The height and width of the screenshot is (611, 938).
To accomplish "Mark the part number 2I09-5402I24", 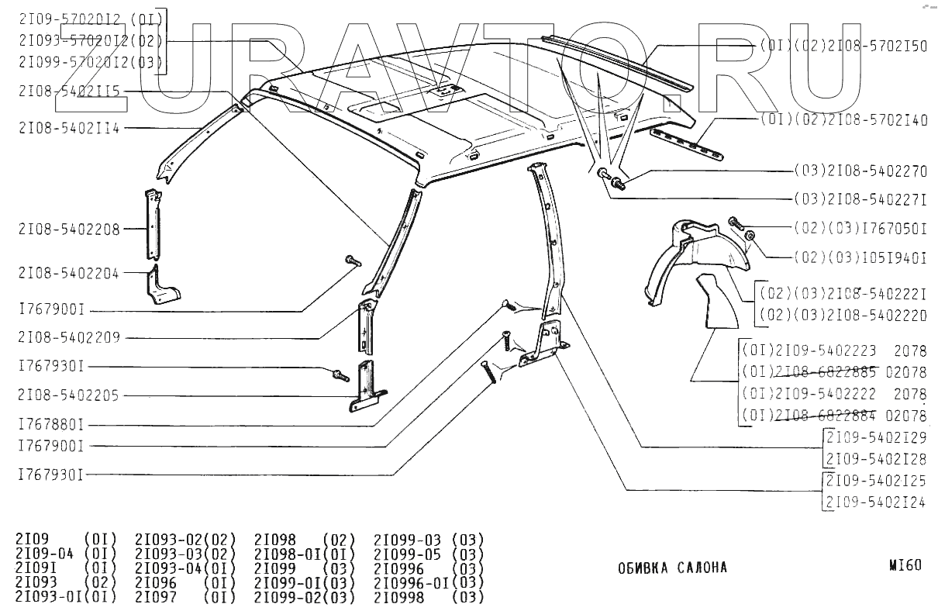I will tap(875, 502).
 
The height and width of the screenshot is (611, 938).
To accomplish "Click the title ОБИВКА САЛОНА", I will tap(672, 568).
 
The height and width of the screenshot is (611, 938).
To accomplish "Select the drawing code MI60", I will tap(905, 565).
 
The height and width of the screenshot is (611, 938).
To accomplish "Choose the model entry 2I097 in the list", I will tap(156, 597).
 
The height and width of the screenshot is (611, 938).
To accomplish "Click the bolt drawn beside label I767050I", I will tap(736, 224).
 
